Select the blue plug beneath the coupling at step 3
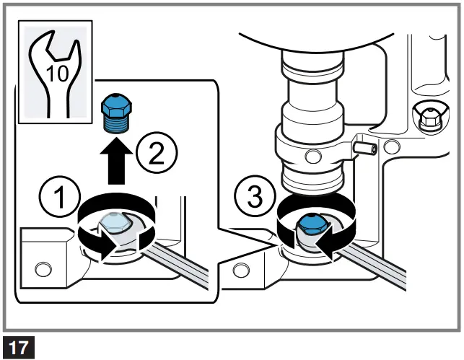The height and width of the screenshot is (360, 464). pyautogui.click(x=310, y=224)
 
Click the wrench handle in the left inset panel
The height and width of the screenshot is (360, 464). pyautogui.click(x=180, y=264)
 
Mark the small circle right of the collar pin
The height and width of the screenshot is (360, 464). pyautogui.click(x=392, y=149)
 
